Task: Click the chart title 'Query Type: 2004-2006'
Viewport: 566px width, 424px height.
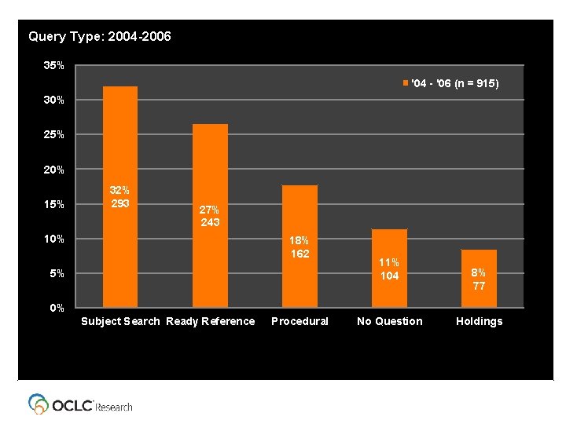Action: click(x=99, y=36)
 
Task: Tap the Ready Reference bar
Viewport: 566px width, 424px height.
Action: click(x=210, y=173)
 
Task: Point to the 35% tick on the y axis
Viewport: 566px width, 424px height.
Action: click(x=54, y=66)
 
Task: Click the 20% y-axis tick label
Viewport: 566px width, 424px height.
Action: click(x=54, y=170)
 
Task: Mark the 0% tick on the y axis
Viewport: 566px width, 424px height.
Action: click(x=57, y=308)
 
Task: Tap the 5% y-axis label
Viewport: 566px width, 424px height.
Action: click(x=57, y=273)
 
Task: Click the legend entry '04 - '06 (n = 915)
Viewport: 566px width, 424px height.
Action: click(x=450, y=82)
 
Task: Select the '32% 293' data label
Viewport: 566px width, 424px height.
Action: click(x=120, y=197)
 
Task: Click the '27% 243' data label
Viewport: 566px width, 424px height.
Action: click(x=210, y=216)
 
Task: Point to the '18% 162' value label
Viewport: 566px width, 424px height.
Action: click(x=300, y=247)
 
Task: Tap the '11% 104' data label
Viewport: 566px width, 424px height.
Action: click(x=389, y=269)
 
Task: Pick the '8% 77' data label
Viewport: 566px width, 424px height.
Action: click(x=479, y=280)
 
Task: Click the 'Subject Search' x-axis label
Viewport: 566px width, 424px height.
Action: click(x=120, y=321)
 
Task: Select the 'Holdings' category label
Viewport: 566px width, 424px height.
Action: click(x=479, y=321)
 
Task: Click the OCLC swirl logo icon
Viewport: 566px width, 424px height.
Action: click(x=39, y=404)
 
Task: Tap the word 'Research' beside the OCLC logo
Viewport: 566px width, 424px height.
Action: click(x=114, y=407)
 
